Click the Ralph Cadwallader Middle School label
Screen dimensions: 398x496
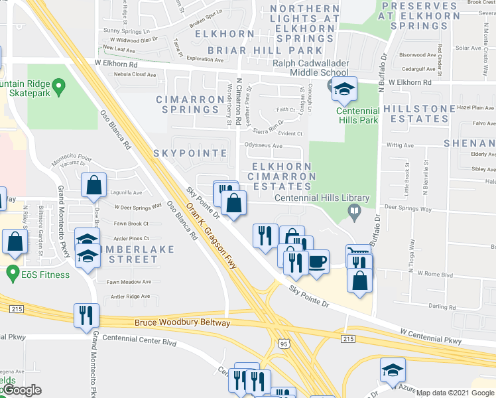tap(310, 68)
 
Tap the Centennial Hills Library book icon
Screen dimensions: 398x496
tap(355, 212)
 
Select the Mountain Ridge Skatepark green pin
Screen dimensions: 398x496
tap(58, 85)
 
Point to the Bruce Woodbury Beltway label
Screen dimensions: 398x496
tap(182, 323)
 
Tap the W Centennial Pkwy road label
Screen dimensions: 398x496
tap(430, 336)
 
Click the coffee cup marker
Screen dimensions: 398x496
tap(318, 260)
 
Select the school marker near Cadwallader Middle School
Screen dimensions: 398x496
tap(345, 89)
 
